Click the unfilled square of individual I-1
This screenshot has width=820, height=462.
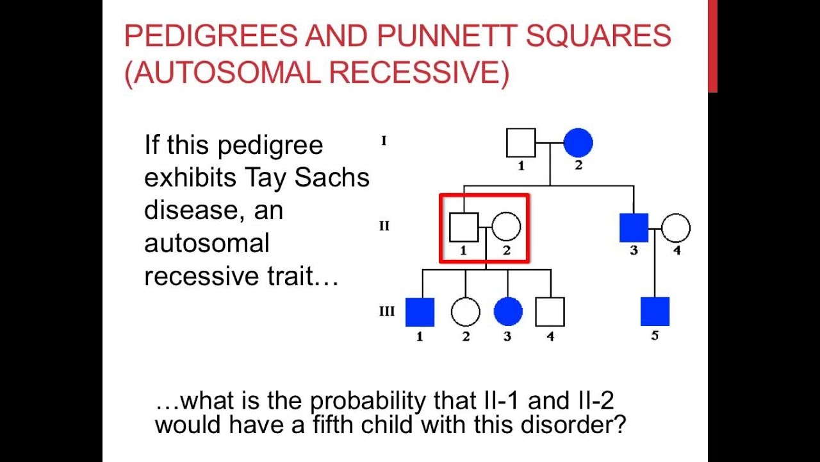click(521, 143)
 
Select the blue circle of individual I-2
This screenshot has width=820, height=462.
click(578, 143)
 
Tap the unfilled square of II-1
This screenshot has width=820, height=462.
click(464, 227)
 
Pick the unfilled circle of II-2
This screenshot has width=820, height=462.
click(506, 227)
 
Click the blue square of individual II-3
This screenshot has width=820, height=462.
click(634, 228)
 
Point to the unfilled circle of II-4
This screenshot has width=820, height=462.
click(676, 228)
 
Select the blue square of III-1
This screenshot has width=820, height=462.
click(420, 312)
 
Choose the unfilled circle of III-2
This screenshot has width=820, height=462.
click(465, 312)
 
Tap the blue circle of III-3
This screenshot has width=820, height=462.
click(508, 312)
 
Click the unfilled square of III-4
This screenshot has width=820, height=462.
click(550, 312)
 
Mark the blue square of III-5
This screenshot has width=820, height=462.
click(655, 312)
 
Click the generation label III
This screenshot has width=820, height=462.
click(387, 312)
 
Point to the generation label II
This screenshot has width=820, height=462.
click(384, 227)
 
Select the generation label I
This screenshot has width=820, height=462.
click(384, 141)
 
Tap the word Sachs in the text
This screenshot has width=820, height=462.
click(332, 178)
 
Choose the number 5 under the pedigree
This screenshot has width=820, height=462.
click(655, 336)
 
